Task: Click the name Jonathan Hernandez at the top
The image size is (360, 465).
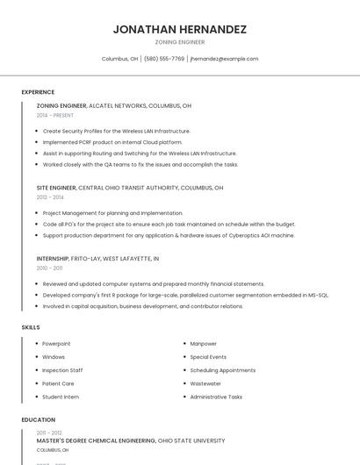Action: click(x=179, y=29)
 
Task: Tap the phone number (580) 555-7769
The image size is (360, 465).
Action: click(x=164, y=59)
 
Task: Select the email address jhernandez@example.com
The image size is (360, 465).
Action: click(x=224, y=59)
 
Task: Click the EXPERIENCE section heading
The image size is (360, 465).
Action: click(x=38, y=92)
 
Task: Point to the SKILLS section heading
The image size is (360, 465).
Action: click(x=31, y=327)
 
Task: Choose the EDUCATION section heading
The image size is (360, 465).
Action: click(x=39, y=419)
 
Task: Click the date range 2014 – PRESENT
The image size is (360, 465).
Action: click(x=55, y=115)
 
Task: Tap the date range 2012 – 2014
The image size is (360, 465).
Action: click(x=50, y=197)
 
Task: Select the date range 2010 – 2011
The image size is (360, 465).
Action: click(x=49, y=268)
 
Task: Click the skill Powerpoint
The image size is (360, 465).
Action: click(x=56, y=344)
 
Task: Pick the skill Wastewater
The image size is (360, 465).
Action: click(x=205, y=383)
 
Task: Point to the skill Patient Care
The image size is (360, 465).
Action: click(x=58, y=383)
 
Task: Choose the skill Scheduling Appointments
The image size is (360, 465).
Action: click(x=223, y=370)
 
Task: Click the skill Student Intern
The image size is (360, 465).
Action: click(x=61, y=397)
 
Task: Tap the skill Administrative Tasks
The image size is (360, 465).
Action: click(x=216, y=397)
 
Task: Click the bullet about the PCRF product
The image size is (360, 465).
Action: click(x=112, y=142)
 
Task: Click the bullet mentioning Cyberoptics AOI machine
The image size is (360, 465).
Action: click(x=169, y=235)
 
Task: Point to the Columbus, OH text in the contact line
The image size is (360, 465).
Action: click(x=119, y=59)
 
